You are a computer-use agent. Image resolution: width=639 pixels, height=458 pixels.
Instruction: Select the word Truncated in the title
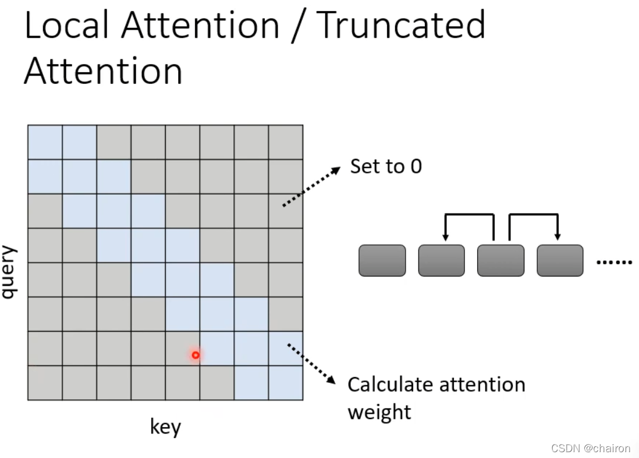(x=402, y=26)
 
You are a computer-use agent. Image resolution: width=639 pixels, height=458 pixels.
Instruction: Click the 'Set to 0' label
(x=386, y=166)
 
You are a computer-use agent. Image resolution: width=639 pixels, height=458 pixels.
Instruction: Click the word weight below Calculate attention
(x=379, y=411)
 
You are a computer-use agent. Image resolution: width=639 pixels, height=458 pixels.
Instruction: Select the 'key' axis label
(x=165, y=428)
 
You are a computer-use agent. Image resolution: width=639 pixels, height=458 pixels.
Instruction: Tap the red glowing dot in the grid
(x=196, y=354)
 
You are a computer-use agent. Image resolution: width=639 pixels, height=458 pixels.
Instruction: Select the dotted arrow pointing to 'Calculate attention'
(x=312, y=364)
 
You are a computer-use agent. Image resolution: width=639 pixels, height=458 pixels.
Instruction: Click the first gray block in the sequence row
(x=382, y=260)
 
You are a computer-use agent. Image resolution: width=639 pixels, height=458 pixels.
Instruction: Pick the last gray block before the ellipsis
(x=559, y=260)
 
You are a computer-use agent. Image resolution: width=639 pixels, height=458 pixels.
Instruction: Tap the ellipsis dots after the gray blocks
(x=615, y=262)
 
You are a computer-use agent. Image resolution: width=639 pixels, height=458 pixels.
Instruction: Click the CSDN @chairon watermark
(x=591, y=448)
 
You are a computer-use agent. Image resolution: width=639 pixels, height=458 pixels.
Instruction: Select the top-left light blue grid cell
(x=45, y=142)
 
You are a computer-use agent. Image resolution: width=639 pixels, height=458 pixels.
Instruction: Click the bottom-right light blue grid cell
(x=286, y=383)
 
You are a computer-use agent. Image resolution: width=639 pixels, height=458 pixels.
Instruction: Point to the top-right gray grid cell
(x=286, y=142)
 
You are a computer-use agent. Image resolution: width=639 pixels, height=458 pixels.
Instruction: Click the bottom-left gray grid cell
(x=45, y=383)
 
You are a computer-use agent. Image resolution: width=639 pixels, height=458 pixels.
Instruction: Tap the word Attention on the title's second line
(x=103, y=72)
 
